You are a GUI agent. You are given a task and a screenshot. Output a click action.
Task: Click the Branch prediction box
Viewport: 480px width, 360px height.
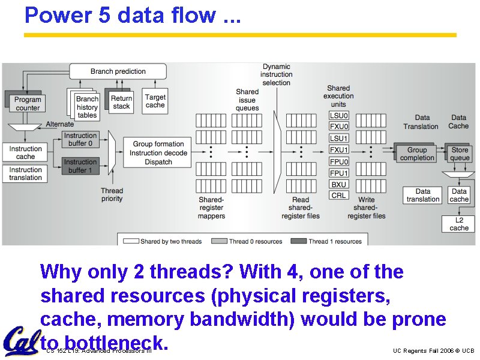[118, 71]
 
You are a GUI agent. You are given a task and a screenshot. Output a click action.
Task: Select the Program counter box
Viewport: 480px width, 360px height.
[28, 104]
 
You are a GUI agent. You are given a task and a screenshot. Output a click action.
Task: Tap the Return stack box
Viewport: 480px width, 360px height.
[121, 102]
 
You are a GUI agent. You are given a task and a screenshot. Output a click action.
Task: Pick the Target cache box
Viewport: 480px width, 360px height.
[155, 101]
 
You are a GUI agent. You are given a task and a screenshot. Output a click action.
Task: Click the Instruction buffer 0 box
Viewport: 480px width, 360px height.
[81, 140]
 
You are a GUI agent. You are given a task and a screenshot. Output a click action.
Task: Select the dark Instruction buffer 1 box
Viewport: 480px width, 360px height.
[80, 166]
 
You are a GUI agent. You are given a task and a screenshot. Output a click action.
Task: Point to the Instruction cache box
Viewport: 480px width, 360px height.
[26, 152]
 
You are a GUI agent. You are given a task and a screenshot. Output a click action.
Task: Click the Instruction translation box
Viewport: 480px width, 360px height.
[26, 174]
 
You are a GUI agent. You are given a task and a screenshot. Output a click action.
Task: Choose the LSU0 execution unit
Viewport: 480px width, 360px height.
[339, 116]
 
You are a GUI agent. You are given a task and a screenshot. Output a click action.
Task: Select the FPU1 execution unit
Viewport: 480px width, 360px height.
[339, 173]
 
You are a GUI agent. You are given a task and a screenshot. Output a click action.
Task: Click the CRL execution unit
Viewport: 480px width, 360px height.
[339, 195]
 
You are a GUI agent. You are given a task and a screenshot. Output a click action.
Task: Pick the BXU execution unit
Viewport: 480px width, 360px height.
[339, 184]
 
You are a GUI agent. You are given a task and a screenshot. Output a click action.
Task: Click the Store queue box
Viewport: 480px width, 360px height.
[460, 154]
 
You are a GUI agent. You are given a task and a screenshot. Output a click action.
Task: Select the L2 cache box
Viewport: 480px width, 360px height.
[459, 224]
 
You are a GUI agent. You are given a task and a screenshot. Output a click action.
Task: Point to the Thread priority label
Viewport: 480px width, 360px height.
[112, 195]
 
